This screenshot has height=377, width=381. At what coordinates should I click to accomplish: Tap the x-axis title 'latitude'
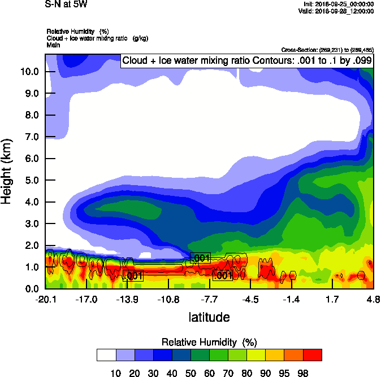[x=209, y=317]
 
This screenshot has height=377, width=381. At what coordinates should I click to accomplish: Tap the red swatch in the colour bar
[x=313, y=355]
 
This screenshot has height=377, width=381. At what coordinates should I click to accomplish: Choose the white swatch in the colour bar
[x=106, y=355]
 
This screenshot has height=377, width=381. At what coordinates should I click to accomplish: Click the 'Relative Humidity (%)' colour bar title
[x=209, y=342]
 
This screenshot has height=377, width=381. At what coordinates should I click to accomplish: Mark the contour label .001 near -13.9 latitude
[x=133, y=276]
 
